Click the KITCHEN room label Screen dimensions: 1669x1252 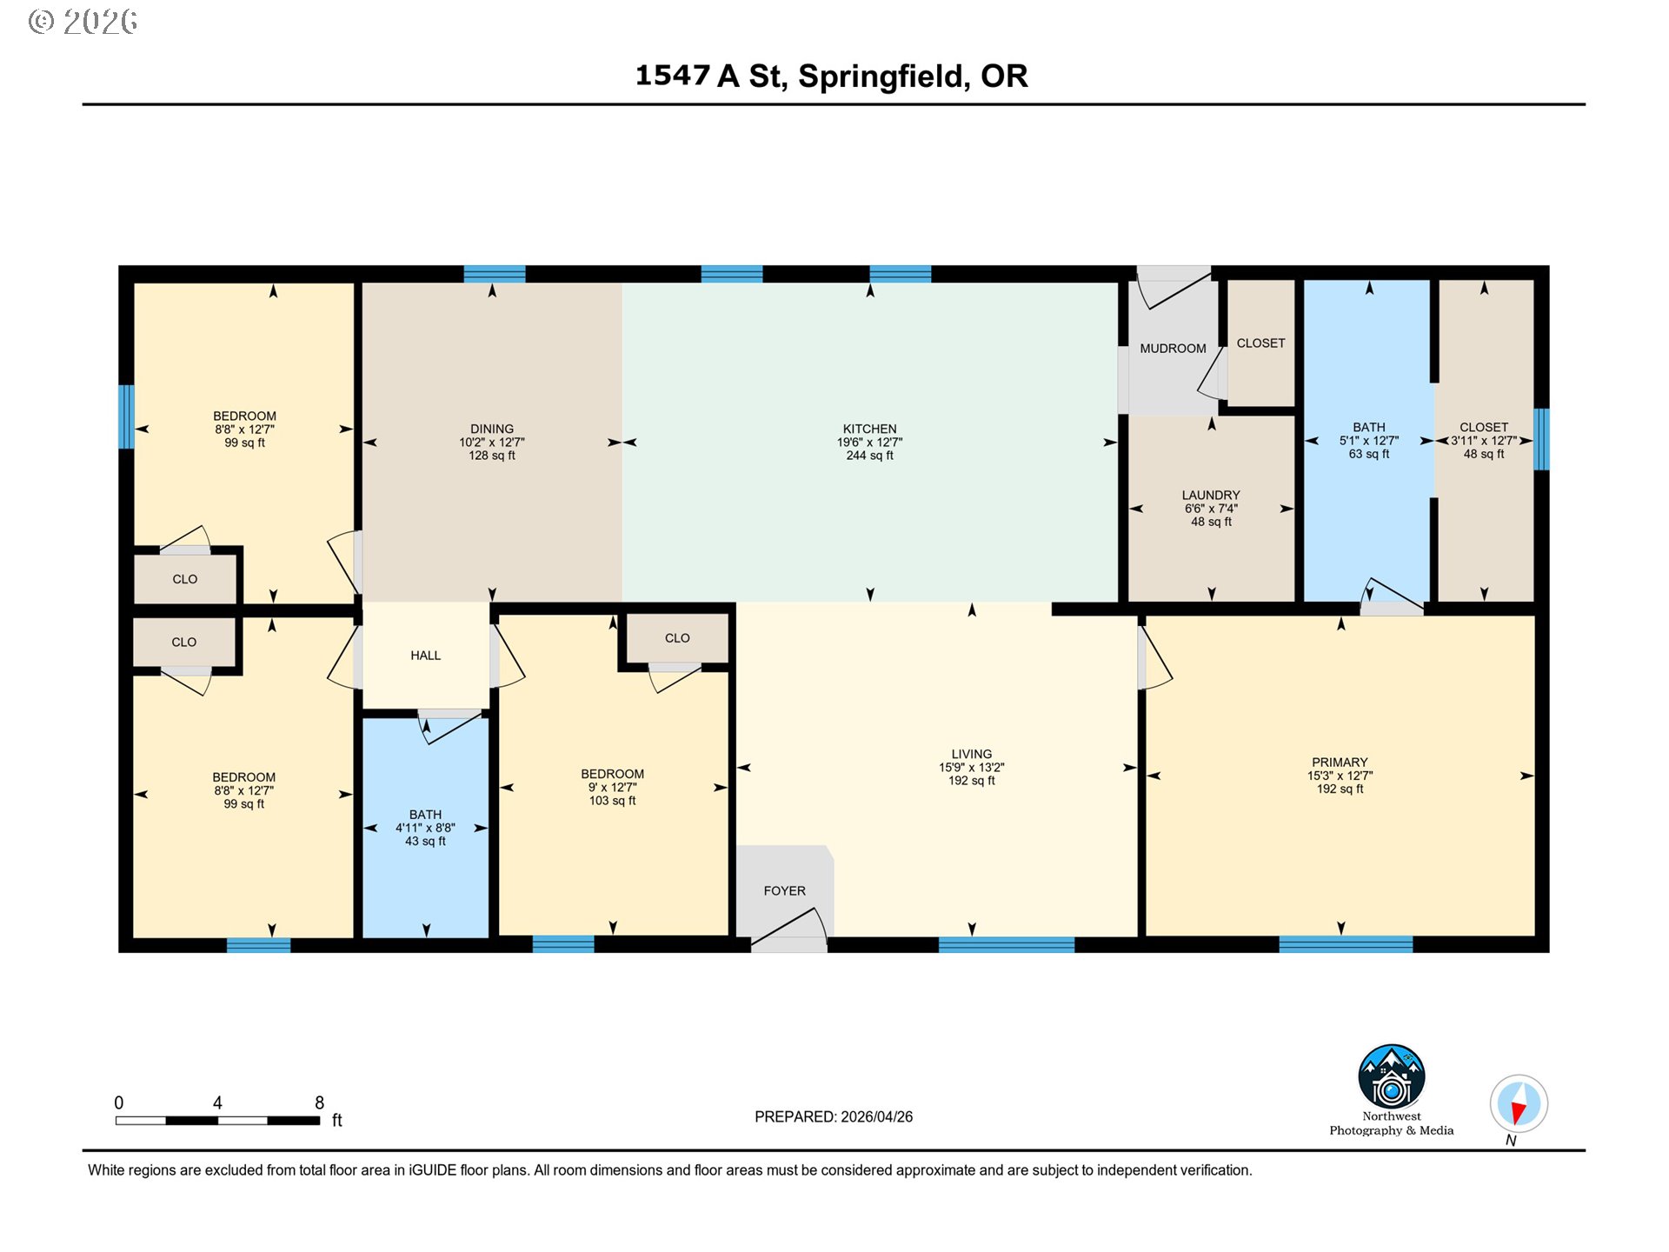click(869, 429)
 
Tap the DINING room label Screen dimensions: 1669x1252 click(492, 429)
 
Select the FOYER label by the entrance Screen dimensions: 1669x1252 click(784, 891)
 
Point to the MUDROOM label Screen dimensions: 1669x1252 click(1173, 349)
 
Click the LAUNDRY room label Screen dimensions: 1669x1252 click(1211, 496)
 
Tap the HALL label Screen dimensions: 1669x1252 click(426, 656)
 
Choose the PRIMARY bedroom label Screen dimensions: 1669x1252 click(1340, 763)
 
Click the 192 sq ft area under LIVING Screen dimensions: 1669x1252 click(971, 781)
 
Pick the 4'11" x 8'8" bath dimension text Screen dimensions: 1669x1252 click(425, 828)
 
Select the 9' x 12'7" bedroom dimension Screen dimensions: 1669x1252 click(613, 787)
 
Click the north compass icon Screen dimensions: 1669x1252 click(1519, 1104)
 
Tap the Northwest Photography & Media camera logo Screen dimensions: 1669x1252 click(1392, 1076)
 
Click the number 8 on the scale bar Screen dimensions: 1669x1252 click(319, 1102)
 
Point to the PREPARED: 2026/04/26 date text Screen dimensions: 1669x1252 click(834, 1117)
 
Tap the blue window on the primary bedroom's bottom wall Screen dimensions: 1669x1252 click(1346, 944)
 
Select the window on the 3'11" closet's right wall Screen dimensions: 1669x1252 click(1541, 439)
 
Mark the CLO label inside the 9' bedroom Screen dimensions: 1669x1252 click(677, 638)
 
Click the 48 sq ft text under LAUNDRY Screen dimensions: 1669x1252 click(1211, 522)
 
